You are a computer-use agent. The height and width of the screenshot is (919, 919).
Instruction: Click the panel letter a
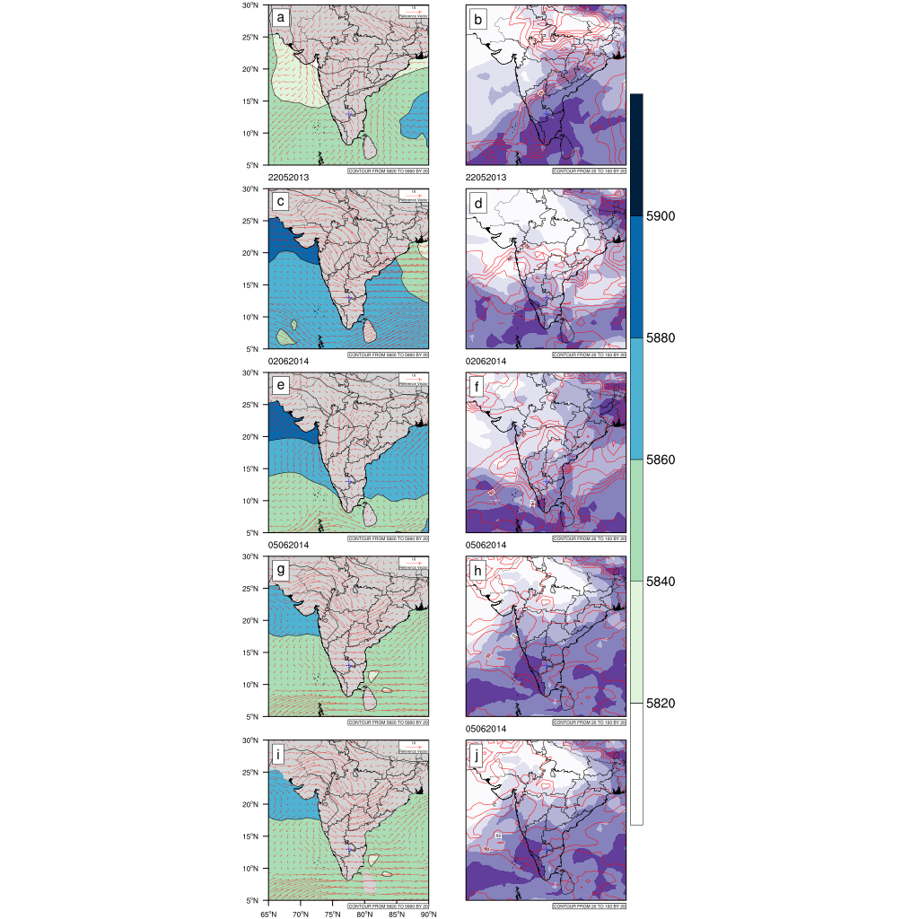point(281,17)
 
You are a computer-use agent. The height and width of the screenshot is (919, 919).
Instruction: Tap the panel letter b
point(477,17)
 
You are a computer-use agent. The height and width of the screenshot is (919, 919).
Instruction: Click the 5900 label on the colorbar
point(663,216)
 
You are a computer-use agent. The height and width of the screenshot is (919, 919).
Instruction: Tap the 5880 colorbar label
point(663,338)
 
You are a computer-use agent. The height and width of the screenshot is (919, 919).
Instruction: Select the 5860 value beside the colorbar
point(663,459)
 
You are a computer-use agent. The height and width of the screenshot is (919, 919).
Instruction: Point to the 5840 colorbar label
point(663,582)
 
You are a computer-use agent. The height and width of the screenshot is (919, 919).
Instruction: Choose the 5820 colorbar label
point(663,703)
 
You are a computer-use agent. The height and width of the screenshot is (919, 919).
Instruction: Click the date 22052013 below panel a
point(288,178)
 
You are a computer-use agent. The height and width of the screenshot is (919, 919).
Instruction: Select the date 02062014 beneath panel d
point(486,361)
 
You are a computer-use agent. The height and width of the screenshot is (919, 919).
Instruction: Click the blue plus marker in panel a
point(350,114)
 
